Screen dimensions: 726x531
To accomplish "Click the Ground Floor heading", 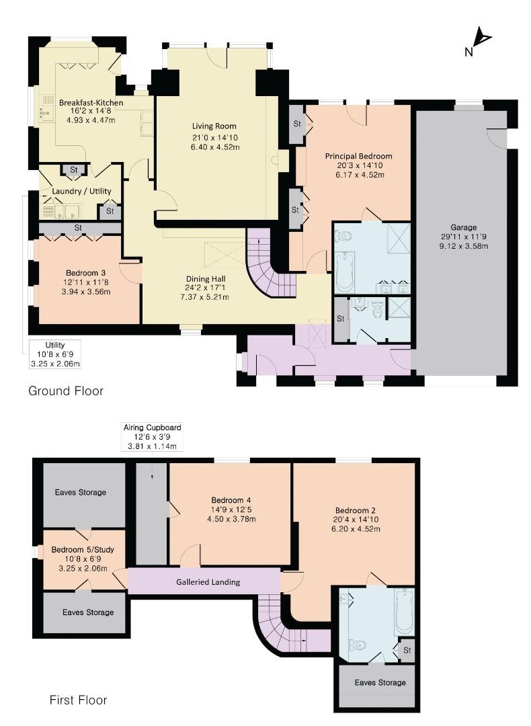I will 66,391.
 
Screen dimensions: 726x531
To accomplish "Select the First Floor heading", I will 78,700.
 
